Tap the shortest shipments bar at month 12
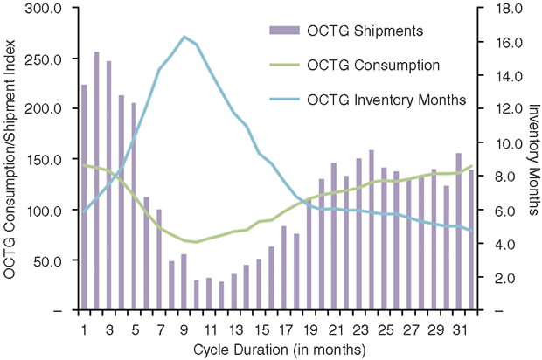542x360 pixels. (221, 296)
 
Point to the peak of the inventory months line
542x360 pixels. (184, 37)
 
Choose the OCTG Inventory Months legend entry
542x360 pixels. (386, 100)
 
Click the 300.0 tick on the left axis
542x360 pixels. (43, 9)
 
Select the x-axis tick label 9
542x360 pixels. (184, 329)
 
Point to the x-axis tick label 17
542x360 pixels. (284, 329)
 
